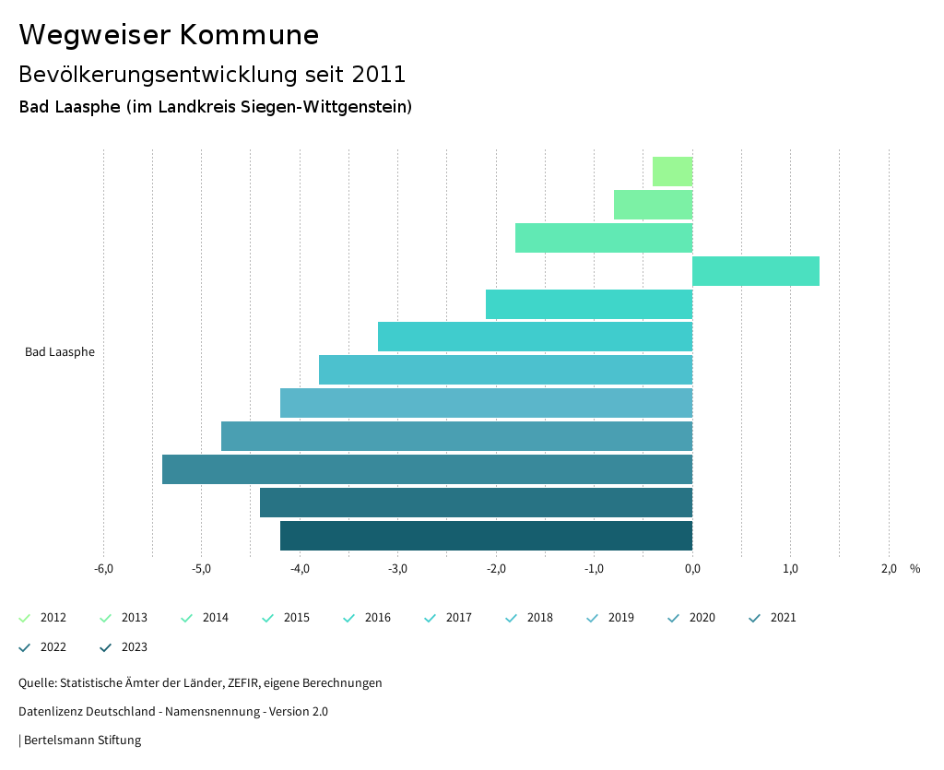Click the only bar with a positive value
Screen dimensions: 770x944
756,271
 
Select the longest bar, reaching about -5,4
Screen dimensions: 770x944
427,469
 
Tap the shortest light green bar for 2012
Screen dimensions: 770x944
672,172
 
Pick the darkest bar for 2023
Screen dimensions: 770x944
486,536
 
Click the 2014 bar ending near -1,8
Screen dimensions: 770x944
604,238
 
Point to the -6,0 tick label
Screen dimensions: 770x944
103,568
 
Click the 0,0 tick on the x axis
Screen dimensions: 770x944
692,568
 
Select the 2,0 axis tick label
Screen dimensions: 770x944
889,568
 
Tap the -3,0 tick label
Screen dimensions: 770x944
397,568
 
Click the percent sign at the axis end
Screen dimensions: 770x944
914,568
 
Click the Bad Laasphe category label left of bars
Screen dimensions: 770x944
60,352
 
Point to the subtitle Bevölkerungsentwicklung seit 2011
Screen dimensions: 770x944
212,74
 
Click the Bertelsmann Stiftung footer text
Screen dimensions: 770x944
82,740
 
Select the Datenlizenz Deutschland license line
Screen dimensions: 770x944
173,711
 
